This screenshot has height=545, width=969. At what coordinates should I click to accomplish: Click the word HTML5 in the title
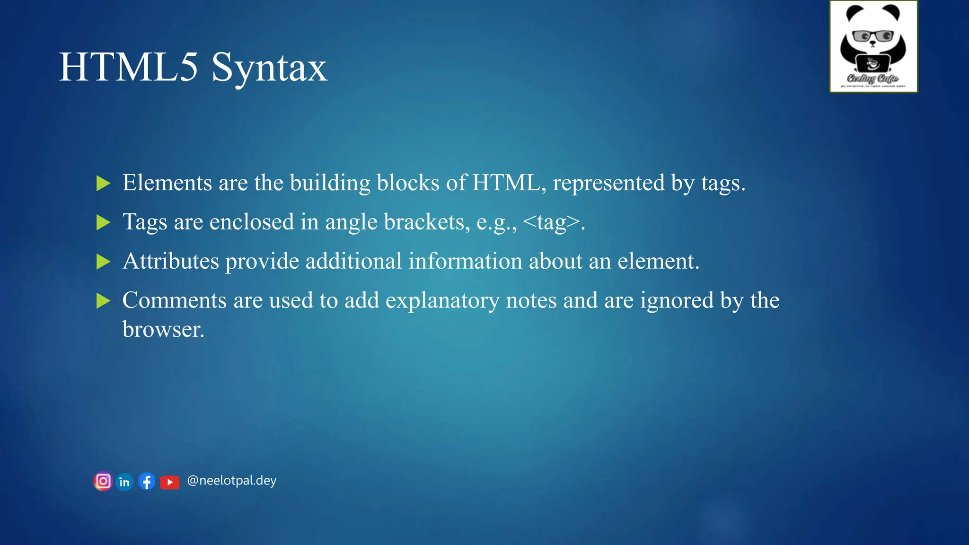pyautogui.click(x=128, y=67)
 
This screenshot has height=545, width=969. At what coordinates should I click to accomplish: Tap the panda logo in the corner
pyautogui.click(x=873, y=46)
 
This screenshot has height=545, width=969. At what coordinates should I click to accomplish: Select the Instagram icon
pyautogui.click(x=103, y=482)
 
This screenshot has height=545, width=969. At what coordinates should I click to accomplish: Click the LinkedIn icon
pyautogui.click(x=124, y=482)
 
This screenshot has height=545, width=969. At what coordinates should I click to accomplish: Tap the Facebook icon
pyautogui.click(x=147, y=482)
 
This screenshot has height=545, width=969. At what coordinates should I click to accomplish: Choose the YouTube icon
pyautogui.click(x=169, y=482)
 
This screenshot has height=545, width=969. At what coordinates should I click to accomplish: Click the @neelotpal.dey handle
pyautogui.click(x=231, y=481)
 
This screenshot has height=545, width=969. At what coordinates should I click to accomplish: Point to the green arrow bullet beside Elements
pyautogui.click(x=103, y=183)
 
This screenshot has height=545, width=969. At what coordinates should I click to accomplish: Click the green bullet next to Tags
pyautogui.click(x=103, y=222)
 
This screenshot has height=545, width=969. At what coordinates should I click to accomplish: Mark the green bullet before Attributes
pyautogui.click(x=103, y=262)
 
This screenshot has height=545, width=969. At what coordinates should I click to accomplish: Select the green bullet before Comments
pyautogui.click(x=103, y=300)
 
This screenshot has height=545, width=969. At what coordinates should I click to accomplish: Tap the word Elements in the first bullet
pyautogui.click(x=167, y=183)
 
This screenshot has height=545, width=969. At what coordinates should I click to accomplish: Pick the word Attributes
pyautogui.click(x=171, y=261)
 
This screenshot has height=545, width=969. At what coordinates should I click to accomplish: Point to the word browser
pyautogui.click(x=163, y=329)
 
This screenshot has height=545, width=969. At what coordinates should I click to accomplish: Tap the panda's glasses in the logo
pyautogui.click(x=873, y=36)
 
